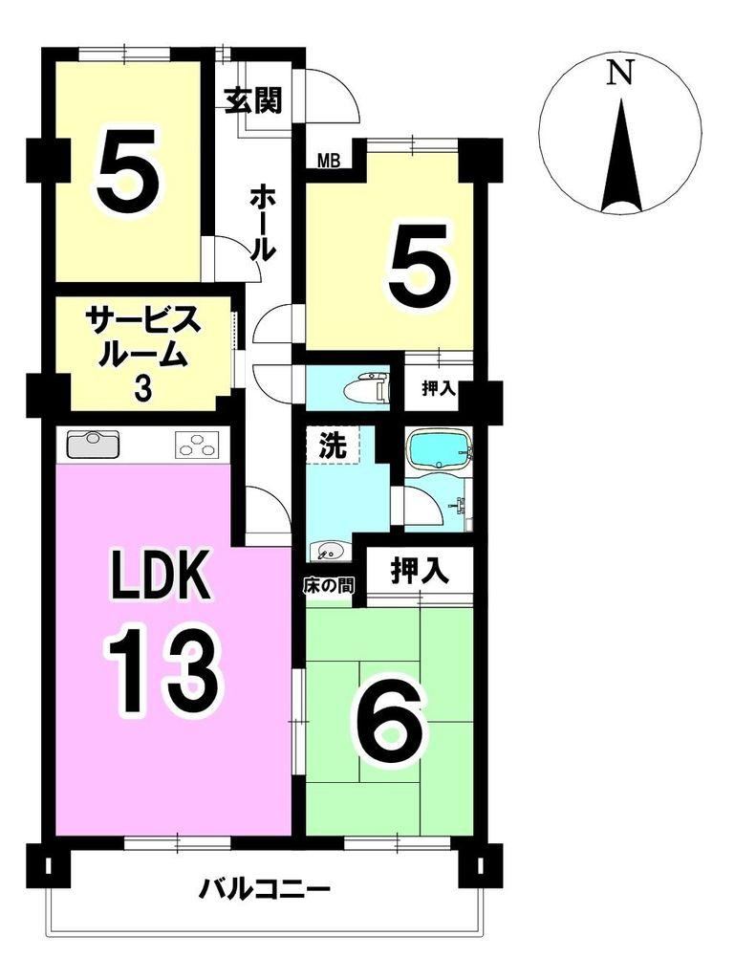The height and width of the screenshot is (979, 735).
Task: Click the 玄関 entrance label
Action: [253, 99]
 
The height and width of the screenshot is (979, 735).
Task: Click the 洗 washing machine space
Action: [334, 444]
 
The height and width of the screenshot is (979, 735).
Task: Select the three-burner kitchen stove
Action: [197, 445]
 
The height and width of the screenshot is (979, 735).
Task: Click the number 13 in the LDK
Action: [164, 670]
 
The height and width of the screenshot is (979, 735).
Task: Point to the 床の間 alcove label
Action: [330, 585]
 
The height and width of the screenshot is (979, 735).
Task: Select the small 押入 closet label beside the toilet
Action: [439, 389]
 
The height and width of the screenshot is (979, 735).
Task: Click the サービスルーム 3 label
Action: [144, 354]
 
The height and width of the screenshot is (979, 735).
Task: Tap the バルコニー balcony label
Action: [264, 888]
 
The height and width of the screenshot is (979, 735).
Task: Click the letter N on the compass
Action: [621, 73]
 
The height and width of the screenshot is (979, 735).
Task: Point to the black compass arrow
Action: [621, 158]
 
